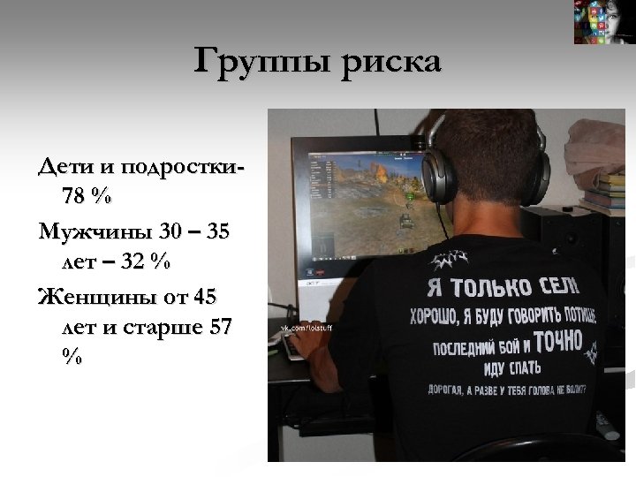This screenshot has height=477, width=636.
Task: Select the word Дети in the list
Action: click(x=65, y=167)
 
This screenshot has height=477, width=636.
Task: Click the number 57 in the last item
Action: click(x=221, y=327)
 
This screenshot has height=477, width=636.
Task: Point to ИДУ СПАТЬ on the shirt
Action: click(x=512, y=365)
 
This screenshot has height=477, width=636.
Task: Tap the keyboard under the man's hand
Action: click(x=296, y=347)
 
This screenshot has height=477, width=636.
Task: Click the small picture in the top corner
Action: click(x=603, y=22)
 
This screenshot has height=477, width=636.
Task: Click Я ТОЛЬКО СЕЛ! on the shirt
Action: click(x=503, y=284)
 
